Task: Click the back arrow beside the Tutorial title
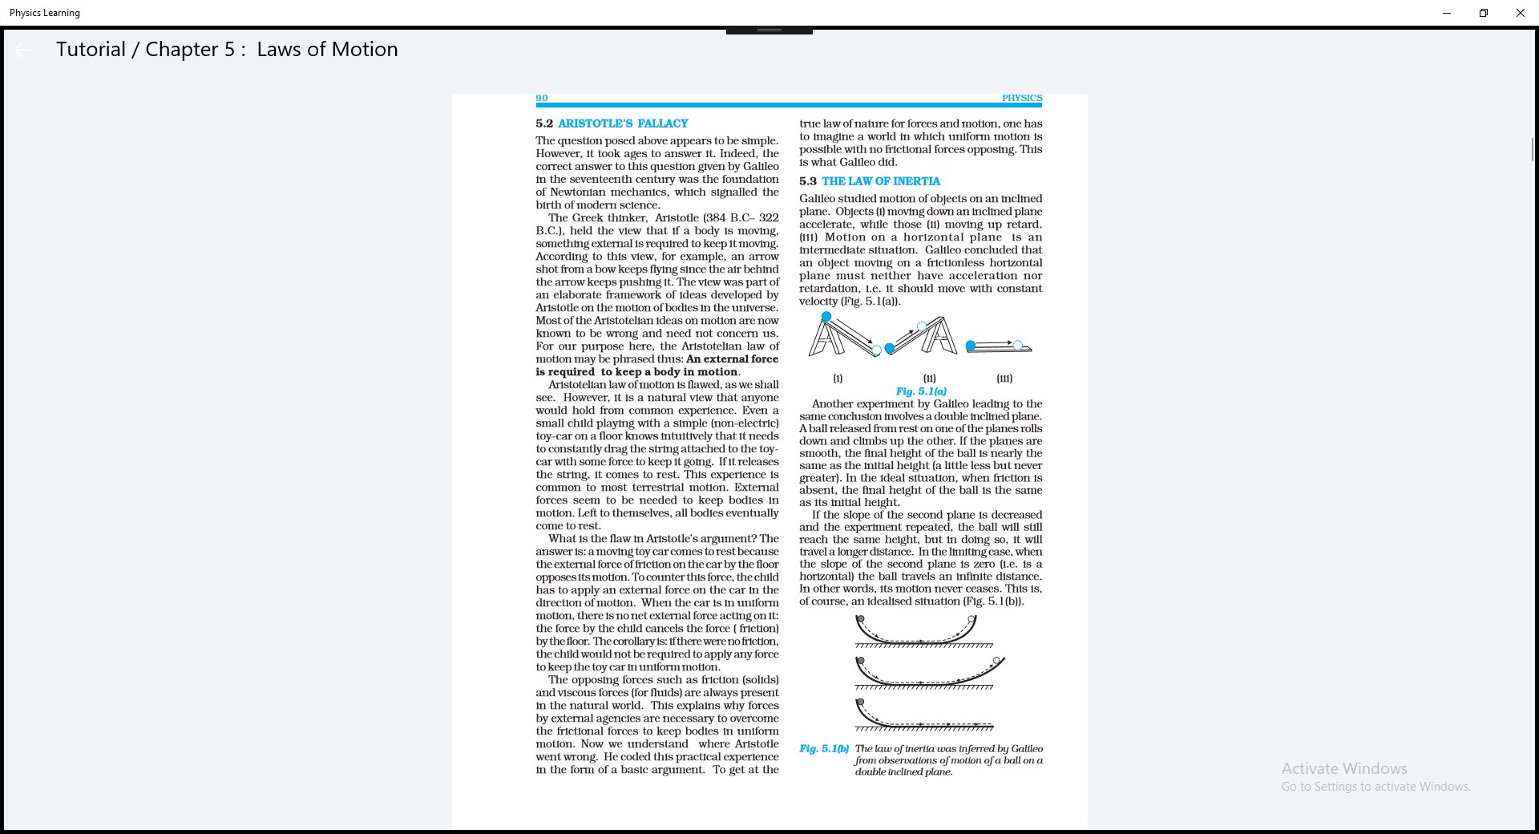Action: tap(23, 50)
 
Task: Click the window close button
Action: tap(1520, 13)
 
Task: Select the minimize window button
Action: tap(1446, 13)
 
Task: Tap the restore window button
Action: tap(1483, 13)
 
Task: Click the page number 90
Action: tap(542, 98)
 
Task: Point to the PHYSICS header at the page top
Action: tap(1022, 98)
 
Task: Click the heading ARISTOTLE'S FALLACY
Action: tap(623, 123)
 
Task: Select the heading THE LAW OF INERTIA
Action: tap(881, 181)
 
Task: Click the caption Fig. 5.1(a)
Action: tap(921, 391)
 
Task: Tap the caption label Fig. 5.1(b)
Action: tap(824, 749)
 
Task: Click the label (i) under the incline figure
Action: tap(838, 379)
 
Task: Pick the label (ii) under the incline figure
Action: tap(929, 379)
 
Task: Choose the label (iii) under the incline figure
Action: tap(1004, 379)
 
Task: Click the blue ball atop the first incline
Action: tap(826, 317)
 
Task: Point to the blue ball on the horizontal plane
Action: tap(971, 346)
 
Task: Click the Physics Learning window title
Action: tap(45, 13)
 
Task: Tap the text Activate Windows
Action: tap(1344, 768)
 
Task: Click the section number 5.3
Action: tap(807, 181)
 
